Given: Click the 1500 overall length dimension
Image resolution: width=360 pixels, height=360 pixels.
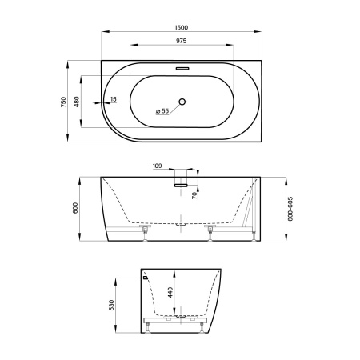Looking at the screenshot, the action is [182, 27].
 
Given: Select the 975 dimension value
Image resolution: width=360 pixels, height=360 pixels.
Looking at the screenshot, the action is [182, 41].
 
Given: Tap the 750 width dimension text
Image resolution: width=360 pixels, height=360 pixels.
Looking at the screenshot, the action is [63, 102].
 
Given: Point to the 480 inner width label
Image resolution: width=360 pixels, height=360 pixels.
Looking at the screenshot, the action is [77, 102].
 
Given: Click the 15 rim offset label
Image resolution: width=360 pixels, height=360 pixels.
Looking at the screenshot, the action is [114, 99].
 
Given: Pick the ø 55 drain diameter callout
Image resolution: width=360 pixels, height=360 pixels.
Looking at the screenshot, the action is [162, 111].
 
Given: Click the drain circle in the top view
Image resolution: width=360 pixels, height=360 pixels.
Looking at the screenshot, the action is [182, 102].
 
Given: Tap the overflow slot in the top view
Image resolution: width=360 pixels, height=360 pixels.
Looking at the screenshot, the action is [182, 68].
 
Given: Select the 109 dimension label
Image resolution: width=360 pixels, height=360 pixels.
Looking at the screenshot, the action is [158, 166].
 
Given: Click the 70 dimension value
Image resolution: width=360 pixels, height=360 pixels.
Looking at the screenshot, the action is [195, 195].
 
